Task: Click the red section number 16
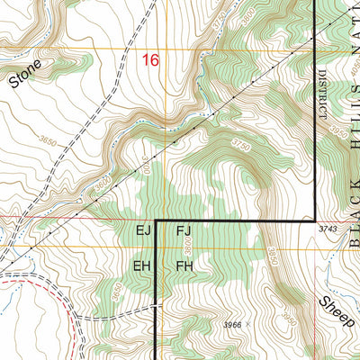(x=150, y=60)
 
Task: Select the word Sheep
(x=335, y=308)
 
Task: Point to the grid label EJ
(x=143, y=232)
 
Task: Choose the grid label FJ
(x=184, y=232)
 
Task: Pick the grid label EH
(x=141, y=266)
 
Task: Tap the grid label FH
(x=185, y=266)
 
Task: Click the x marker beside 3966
(x=247, y=323)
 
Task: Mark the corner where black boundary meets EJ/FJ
(x=158, y=220)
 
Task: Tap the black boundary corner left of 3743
(x=312, y=220)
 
